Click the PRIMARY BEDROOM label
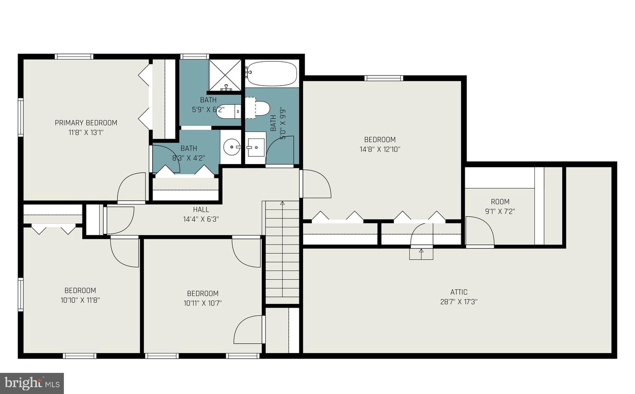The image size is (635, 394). tap(86, 123)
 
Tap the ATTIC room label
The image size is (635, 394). tap(459, 292)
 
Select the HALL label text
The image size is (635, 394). tap(201, 210)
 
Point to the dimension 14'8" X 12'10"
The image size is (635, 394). tap(380, 149)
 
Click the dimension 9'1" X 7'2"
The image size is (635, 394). tap(500, 211)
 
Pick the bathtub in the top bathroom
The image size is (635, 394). tap(271, 73)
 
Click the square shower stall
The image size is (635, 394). tap(225, 75)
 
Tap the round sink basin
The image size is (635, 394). tap(231, 147)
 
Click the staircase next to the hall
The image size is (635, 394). tap(282, 251)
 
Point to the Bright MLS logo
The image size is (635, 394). tap(32, 383)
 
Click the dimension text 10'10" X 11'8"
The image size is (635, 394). tap(80, 300)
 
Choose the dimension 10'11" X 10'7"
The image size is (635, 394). tap(202, 303)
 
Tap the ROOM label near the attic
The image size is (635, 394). tap(500, 202)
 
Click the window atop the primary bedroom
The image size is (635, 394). tap(74, 56)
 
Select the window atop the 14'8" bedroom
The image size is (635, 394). tap(384, 79)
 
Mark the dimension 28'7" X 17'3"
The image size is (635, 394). tap(459, 302)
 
